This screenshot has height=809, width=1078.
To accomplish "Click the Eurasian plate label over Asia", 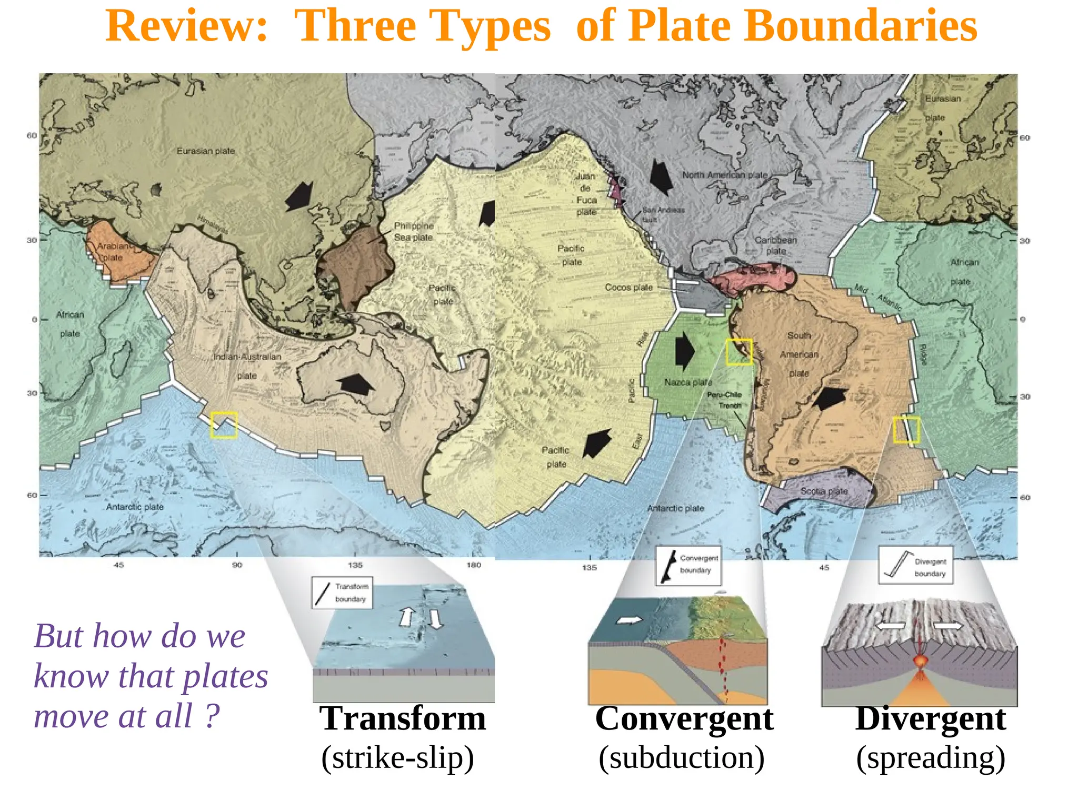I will pos(205,151).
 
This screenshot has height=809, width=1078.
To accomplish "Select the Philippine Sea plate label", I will pos(414,232).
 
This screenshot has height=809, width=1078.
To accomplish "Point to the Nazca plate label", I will pos(687,382).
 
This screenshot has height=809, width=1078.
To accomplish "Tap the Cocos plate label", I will pos(628,288).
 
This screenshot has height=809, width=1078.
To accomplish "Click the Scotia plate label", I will pos(824,491).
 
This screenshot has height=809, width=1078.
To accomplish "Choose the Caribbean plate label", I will pos(776,245).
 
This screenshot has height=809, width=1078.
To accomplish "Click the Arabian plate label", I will pos(112,252).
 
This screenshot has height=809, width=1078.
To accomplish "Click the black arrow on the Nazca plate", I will pos(684,351).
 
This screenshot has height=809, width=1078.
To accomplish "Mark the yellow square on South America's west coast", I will pos(739,352).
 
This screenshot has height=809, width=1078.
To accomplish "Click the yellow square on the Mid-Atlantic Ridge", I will pos(906,430).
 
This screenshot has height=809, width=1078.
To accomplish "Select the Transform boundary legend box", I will pos(342,593).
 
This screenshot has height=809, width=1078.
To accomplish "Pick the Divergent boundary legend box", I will pos(915,565).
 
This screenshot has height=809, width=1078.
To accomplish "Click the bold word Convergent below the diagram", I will pos(684,718).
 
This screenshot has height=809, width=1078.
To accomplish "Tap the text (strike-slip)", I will pos(397,758).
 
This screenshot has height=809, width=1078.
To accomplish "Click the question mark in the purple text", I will pos(212,716).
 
